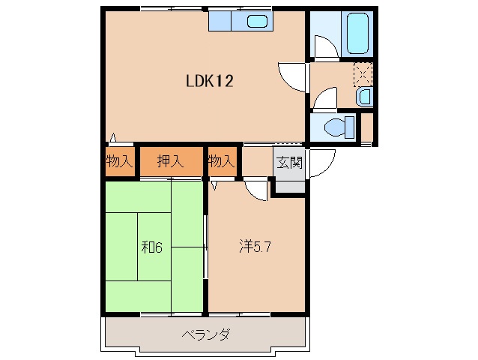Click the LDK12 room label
coord(210,81)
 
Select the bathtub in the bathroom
coord(357,33)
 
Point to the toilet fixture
coord(339,127)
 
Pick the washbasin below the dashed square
coord(363,96)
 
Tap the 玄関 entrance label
coord(290,162)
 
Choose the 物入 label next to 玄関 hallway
coord(221,161)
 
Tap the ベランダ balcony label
coord(205,334)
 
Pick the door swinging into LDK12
coord(292,75)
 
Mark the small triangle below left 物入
coord(113,137)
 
